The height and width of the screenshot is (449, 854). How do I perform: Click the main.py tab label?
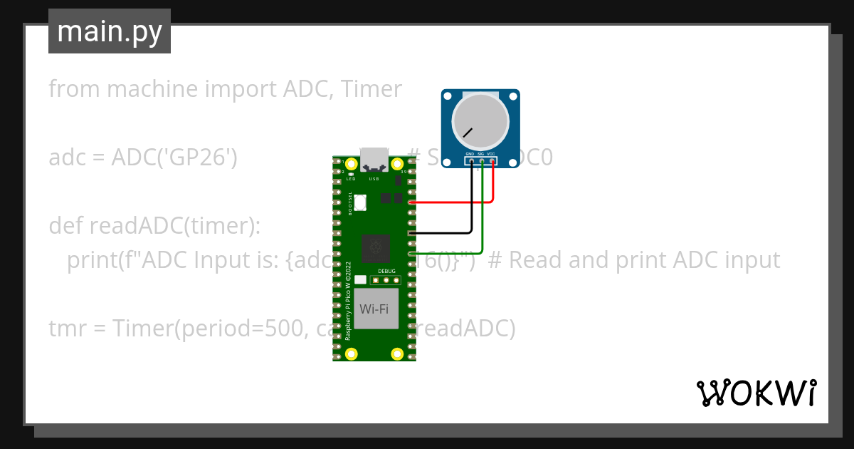pos(110,31)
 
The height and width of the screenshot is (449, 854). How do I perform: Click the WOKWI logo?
pos(756,393)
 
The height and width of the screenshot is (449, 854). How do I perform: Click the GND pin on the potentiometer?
pos(470,161)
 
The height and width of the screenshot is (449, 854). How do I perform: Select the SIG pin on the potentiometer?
pos(482,161)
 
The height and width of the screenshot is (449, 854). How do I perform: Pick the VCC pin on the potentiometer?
pos(492,161)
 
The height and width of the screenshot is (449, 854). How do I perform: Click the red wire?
pos(455,202)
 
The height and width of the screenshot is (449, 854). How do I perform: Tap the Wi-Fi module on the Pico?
pos(376,309)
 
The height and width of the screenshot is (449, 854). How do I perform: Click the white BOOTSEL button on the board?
pos(360,202)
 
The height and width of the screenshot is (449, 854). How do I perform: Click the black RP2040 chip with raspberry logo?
pos(375,249)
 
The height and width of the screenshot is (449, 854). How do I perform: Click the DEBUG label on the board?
pos(386,271)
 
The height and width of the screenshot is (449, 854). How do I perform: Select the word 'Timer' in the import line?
pos(371,89)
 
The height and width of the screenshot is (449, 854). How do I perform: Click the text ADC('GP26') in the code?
pos(174,158)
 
